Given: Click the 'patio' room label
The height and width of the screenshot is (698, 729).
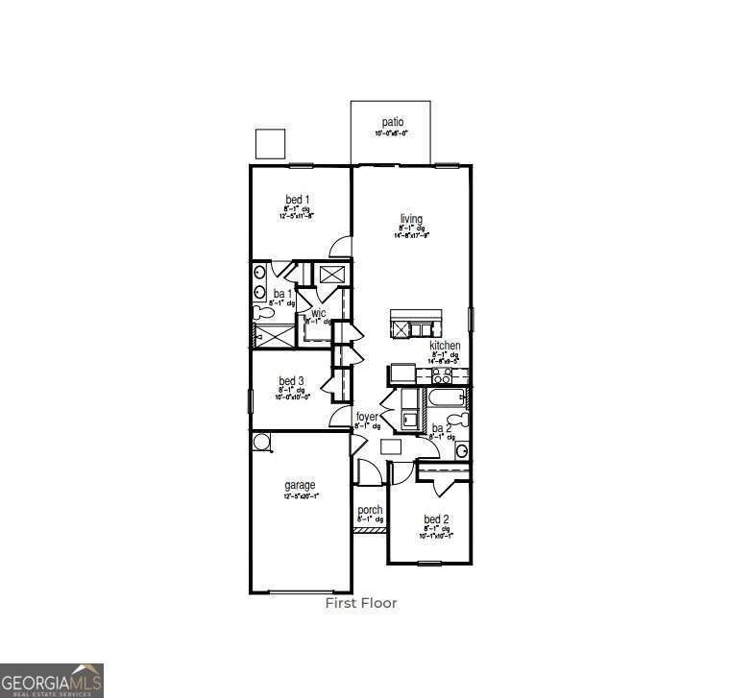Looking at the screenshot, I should click(392, 122).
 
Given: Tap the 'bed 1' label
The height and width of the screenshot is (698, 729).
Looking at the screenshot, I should click(297, 200).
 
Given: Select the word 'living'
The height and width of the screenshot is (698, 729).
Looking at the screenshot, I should click(411, 219).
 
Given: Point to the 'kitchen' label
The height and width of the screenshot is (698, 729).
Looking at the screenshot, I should click(445, 346).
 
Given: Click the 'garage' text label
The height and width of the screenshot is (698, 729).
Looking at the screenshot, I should click(300, 486).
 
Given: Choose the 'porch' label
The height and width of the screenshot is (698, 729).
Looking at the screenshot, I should click(370, 511).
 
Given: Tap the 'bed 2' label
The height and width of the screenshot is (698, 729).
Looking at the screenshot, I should click(436, 519).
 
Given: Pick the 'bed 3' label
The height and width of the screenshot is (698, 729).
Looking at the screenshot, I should click(292, 381).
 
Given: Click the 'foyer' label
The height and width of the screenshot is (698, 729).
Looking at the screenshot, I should click(367, 417).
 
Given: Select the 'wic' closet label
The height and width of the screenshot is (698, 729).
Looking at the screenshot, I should click(317, 313).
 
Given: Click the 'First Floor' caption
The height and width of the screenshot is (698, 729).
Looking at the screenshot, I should click(361, 604).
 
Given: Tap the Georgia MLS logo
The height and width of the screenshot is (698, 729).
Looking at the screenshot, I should click(52, 680).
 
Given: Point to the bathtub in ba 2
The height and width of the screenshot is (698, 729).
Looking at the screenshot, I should click(443, 397).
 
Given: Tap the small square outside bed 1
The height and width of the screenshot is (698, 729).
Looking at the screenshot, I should click(271, 143).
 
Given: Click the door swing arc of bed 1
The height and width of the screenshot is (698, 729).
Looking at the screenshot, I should click(339, 249).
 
